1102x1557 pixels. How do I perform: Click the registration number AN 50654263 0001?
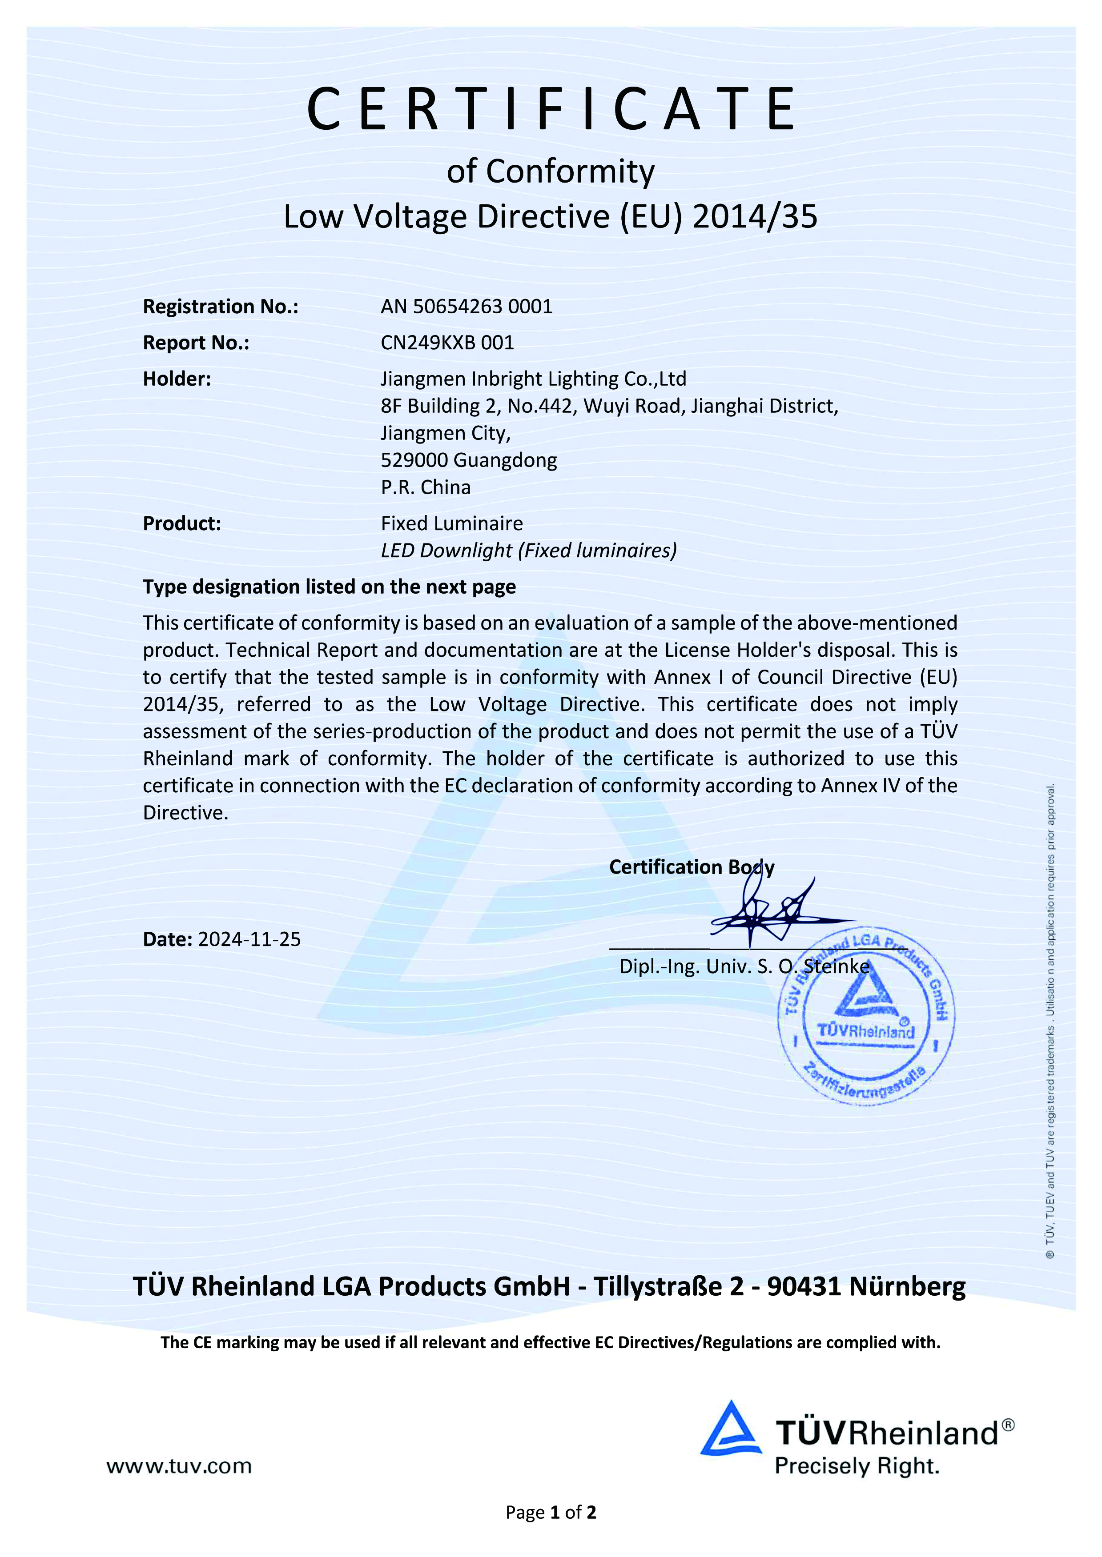pyautogui.click(x=466, y=307)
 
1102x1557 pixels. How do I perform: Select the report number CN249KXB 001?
pyautogui.click(x=447, y=343)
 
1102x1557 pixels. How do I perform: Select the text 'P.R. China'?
pyautogui.click(x=426, y=487)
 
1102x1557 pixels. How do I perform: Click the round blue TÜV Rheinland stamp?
pyautogui.click(x=866, y=1017)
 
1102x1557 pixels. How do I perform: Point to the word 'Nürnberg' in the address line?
pyautogui.click(x=907, y=1286)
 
